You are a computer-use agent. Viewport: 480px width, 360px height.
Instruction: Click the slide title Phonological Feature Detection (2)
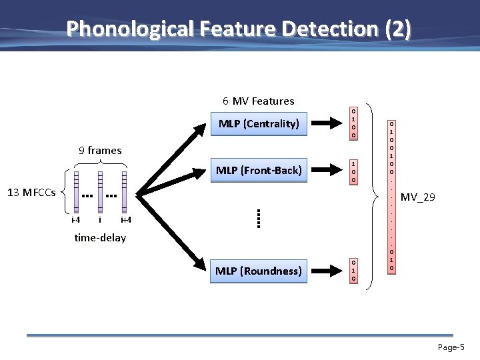[x=239, y=29]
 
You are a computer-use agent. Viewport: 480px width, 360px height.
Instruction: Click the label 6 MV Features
[x=258, y=101]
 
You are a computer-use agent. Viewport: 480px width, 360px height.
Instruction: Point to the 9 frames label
[x=100, y=150]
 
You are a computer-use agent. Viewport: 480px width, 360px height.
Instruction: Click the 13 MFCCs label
[x=31, y=193]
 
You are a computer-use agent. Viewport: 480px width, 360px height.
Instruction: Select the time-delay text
[x=100, y=237]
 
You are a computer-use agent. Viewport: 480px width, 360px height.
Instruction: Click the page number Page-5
[x=451, y=347]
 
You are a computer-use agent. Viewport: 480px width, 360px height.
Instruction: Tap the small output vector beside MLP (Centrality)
[x=353, y=123]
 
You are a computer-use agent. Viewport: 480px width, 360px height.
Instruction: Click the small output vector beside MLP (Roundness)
[x=353, y=271]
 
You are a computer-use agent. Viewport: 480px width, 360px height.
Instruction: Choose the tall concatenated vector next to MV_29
[x=392, y=196]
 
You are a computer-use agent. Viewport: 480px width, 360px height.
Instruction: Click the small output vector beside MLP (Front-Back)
[x=353, y=171]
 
